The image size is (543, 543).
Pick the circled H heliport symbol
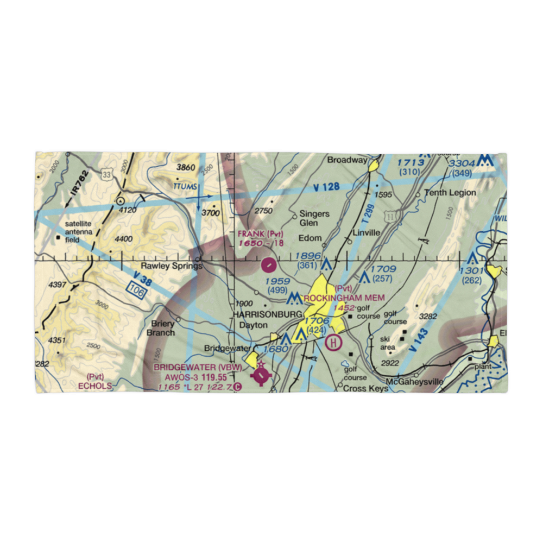click(333, 342)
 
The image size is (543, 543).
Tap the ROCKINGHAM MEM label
click(344, 298)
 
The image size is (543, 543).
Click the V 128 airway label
click(327, 187)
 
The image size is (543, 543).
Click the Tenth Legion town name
click(450, 193)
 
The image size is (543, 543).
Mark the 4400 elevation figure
click(123, 238)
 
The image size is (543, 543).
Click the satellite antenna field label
click(80, 232)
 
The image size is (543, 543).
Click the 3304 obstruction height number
click(463, 163)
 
